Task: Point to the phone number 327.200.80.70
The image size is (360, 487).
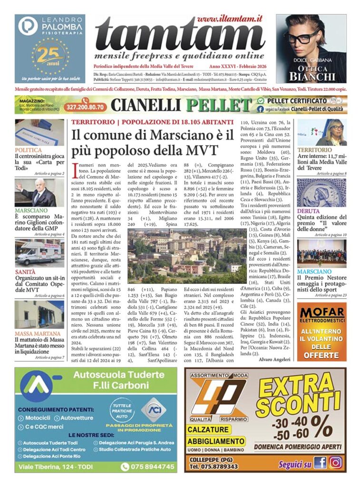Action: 86,106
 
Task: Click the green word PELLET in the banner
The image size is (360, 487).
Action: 219,106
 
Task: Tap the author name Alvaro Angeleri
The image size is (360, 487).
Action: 274,359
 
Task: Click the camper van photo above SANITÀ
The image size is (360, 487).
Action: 39,253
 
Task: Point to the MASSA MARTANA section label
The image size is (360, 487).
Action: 37,333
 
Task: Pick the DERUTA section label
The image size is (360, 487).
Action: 308,211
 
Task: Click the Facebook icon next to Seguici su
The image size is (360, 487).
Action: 320,462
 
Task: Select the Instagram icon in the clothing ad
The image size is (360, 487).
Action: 335,462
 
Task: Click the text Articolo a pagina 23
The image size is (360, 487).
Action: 328,295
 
